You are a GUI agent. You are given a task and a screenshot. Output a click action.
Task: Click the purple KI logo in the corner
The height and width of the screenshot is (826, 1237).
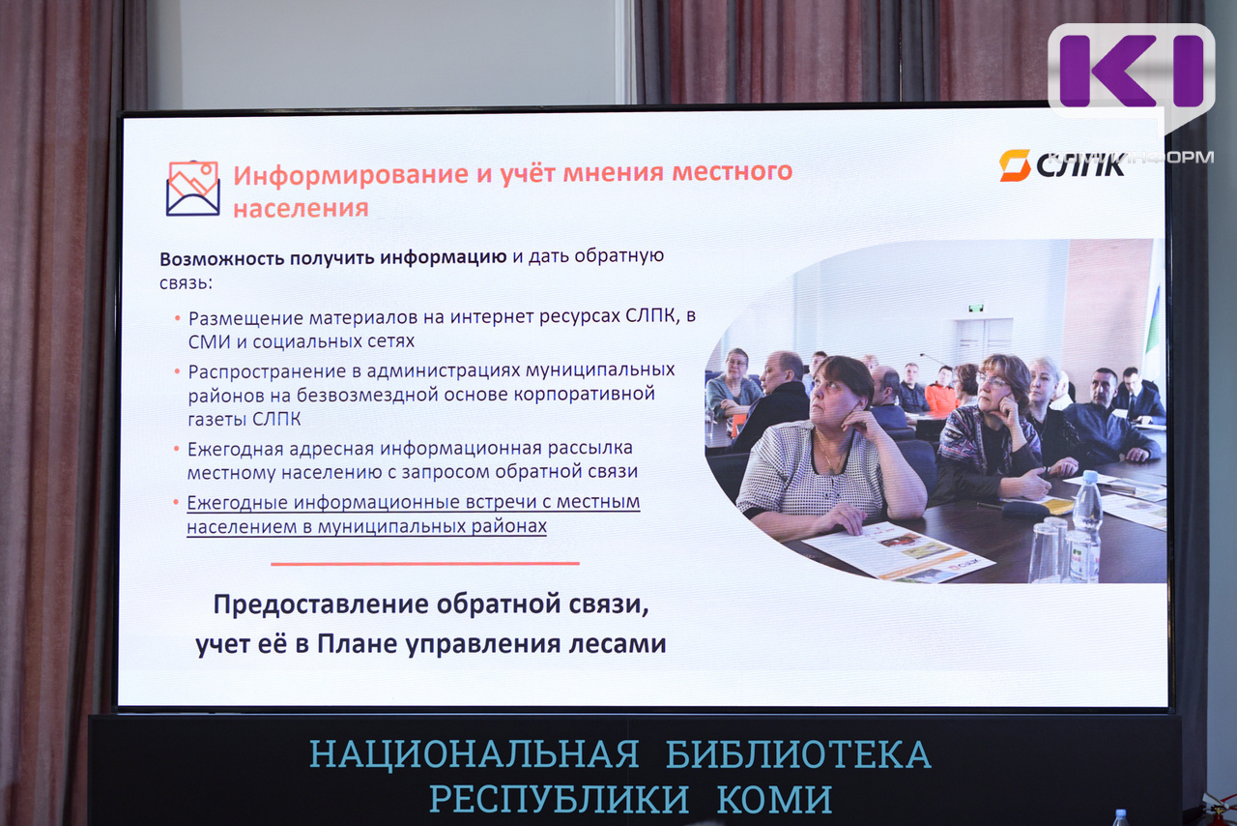coord(1132,71)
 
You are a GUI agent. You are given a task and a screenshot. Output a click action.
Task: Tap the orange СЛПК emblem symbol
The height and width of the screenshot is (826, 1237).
coord(1015,164)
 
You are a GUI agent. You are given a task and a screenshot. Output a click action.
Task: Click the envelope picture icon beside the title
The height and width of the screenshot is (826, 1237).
coord(192,188)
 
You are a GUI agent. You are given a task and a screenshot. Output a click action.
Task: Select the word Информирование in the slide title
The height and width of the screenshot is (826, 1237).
coord(351,175)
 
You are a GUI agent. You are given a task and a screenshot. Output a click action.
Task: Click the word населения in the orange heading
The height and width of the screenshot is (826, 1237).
coord(301,209)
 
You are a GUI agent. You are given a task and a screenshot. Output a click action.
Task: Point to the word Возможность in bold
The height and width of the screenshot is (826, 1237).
coord(222,259)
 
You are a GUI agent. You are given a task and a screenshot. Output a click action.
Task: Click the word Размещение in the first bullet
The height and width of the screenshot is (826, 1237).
coord(245,319)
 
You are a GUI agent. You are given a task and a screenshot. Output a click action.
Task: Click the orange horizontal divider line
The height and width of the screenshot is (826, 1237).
coord(424,563)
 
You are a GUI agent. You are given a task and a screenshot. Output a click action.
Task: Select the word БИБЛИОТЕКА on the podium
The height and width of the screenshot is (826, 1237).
coord(798,755)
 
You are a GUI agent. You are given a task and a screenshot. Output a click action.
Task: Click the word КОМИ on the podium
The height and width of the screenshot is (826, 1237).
coord(774,800)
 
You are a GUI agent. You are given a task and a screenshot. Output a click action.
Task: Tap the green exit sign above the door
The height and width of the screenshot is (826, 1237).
coord(976,308)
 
